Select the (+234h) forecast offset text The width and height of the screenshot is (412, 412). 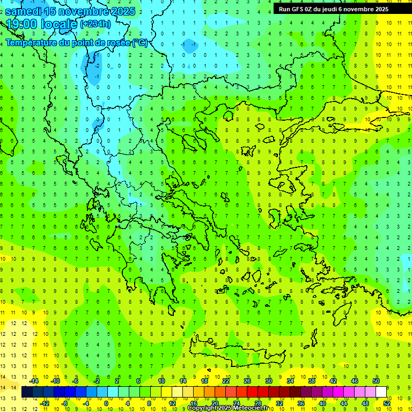[x=95, y=24]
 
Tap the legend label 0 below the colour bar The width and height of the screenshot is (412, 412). [x=106, y=403]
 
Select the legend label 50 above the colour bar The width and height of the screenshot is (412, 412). [x=376, y=381]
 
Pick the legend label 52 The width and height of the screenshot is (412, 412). [x=387, y=403]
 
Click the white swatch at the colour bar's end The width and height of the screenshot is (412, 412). [x=381, y=392]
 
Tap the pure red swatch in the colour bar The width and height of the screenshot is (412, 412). [x=253, y=392]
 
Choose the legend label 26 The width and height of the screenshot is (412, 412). [x=247, y=381]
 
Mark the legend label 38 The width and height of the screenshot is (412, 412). [x=312, y=381]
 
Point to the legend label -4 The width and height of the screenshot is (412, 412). [x=86, y=403]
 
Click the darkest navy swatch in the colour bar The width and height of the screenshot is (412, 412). [x=27, y=392]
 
